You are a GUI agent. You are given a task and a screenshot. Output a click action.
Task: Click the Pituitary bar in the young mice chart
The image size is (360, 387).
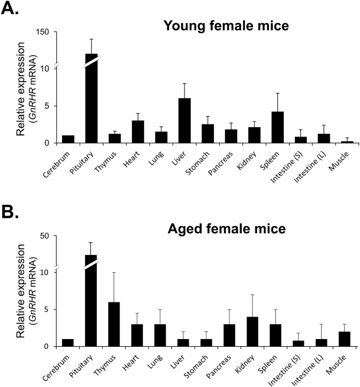(x=91, y=101)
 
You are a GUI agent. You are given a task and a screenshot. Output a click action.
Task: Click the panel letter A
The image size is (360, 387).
(x=12, y=10)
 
